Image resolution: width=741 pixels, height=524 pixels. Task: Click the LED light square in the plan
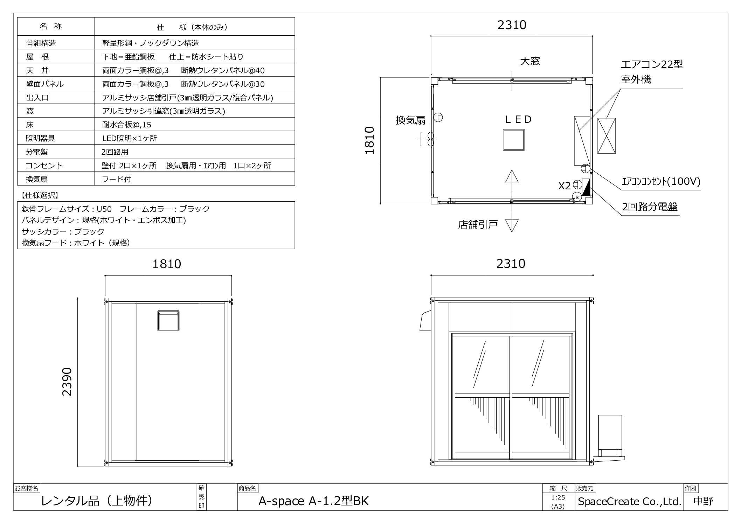[513, 140]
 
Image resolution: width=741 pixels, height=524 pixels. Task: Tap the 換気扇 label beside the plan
[410, 120]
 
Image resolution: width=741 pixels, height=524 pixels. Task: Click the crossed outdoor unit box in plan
[607, 136]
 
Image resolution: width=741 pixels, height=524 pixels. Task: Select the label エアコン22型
[652, 64]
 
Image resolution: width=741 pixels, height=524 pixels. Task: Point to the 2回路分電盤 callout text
[650, 207]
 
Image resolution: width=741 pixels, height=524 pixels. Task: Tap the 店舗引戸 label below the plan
[478, 224]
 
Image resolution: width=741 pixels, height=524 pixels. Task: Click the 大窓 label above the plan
[530, 61]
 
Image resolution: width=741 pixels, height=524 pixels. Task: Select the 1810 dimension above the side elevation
[167, 264]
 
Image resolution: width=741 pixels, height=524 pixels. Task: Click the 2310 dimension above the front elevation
[511, 264]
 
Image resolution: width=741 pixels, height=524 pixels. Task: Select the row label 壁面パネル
[45, 84]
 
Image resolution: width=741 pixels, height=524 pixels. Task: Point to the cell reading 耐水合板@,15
[127, 125]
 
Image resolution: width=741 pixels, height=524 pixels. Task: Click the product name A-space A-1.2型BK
[313, 501]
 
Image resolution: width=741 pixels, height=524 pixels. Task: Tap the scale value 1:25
[558, 497]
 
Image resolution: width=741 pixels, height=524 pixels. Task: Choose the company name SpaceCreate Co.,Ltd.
[629, 502]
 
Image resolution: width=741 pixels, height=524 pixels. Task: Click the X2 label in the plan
[564, 186]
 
